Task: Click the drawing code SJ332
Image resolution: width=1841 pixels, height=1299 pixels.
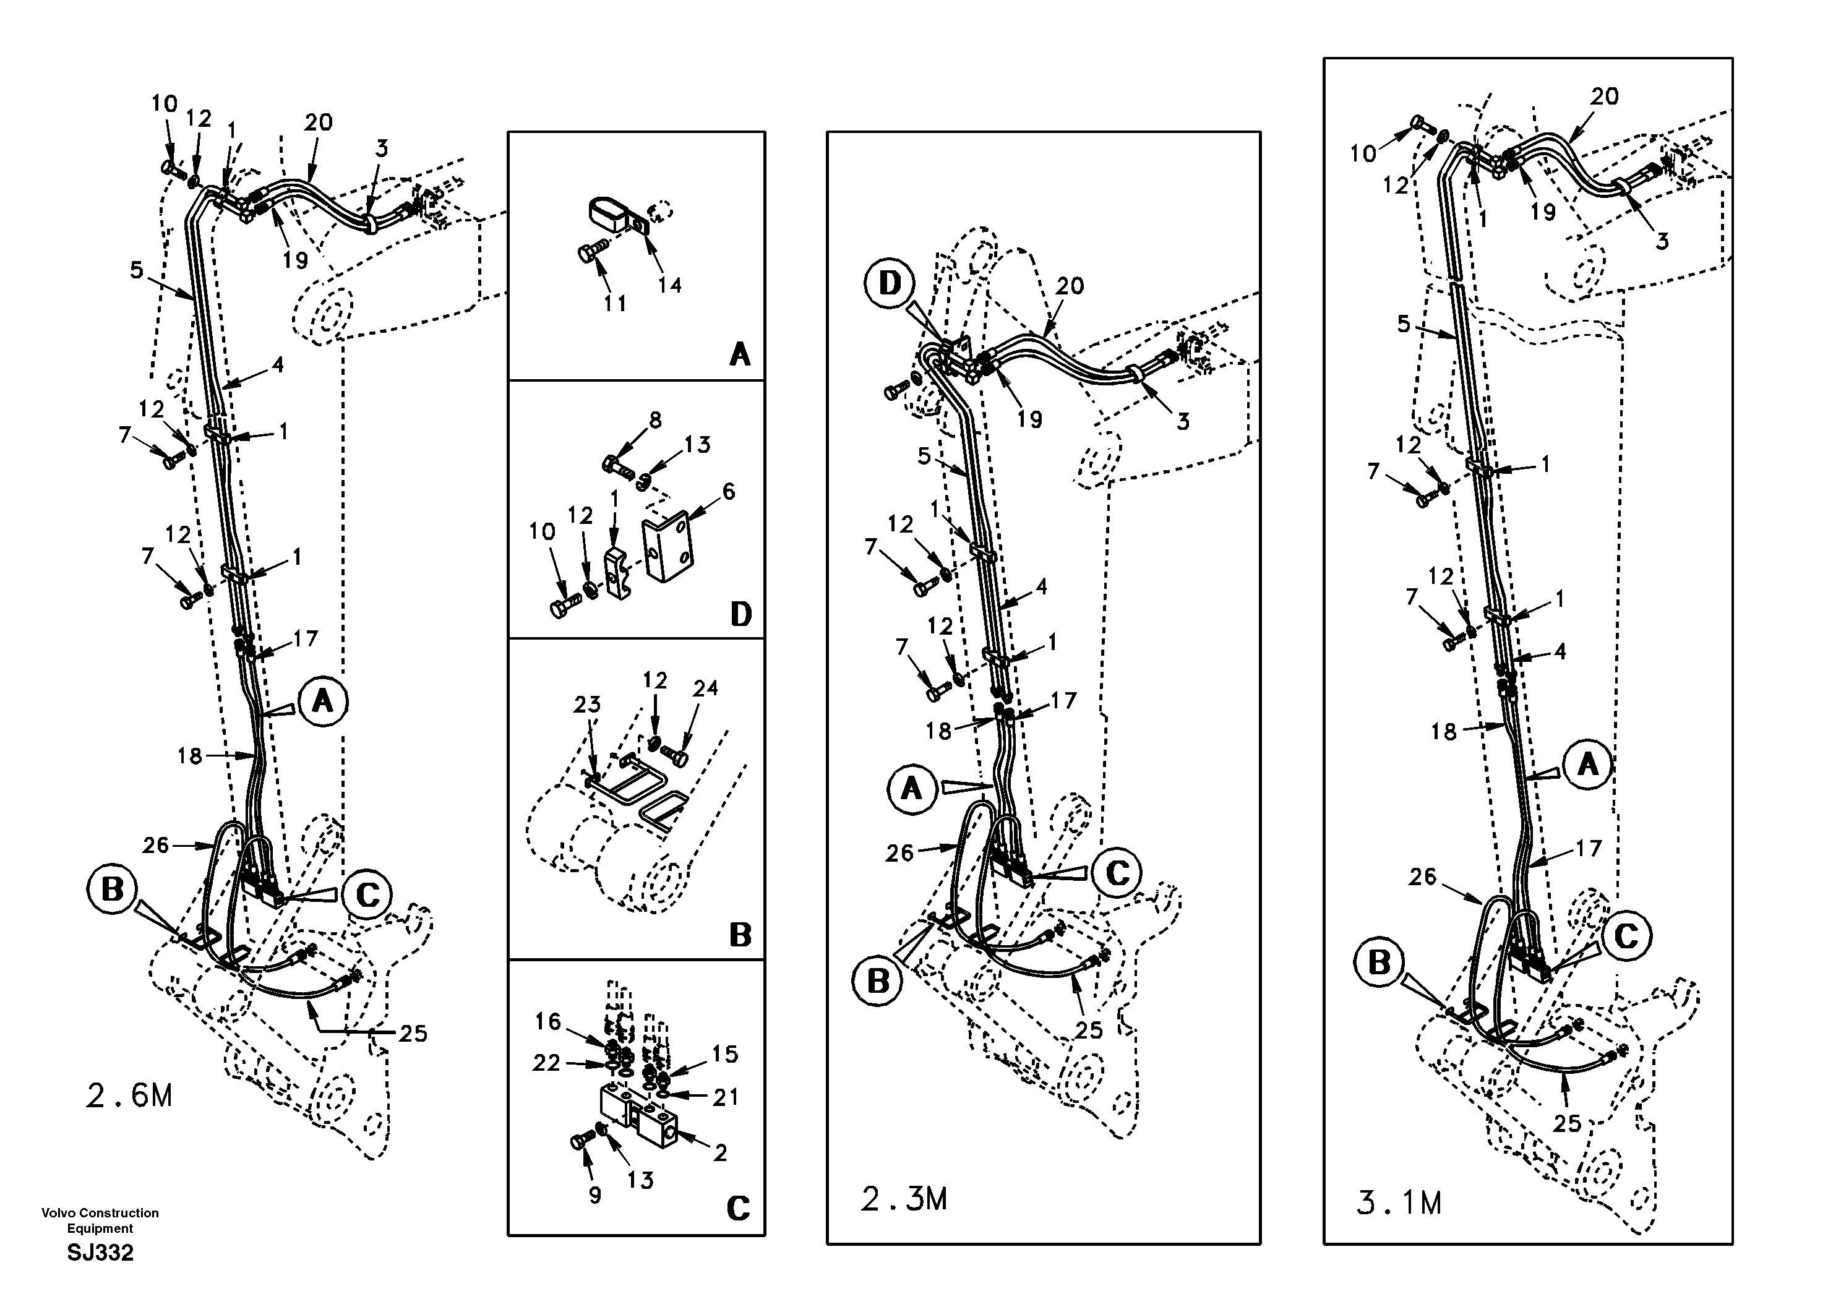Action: pos(100,1253)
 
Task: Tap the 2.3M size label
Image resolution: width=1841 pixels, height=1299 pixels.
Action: pos(904,1199)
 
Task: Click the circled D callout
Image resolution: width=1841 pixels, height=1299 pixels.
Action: pos(890,283)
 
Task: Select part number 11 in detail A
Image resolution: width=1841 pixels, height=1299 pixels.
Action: pos(615,303)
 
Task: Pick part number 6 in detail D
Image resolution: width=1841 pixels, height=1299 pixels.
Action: pos(728,492)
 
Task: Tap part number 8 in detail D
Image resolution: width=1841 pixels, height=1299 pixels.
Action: pos(655,420)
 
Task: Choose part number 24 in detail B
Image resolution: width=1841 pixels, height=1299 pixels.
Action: pos(706,688)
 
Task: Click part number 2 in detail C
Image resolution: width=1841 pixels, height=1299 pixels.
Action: pos(720,1152)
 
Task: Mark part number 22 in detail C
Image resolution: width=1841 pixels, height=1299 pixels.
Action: pos(546,1063)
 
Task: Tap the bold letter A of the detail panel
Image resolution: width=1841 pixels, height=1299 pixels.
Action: pos(739,354)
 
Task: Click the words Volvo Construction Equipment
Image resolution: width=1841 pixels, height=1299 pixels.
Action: pos(100,1220)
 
